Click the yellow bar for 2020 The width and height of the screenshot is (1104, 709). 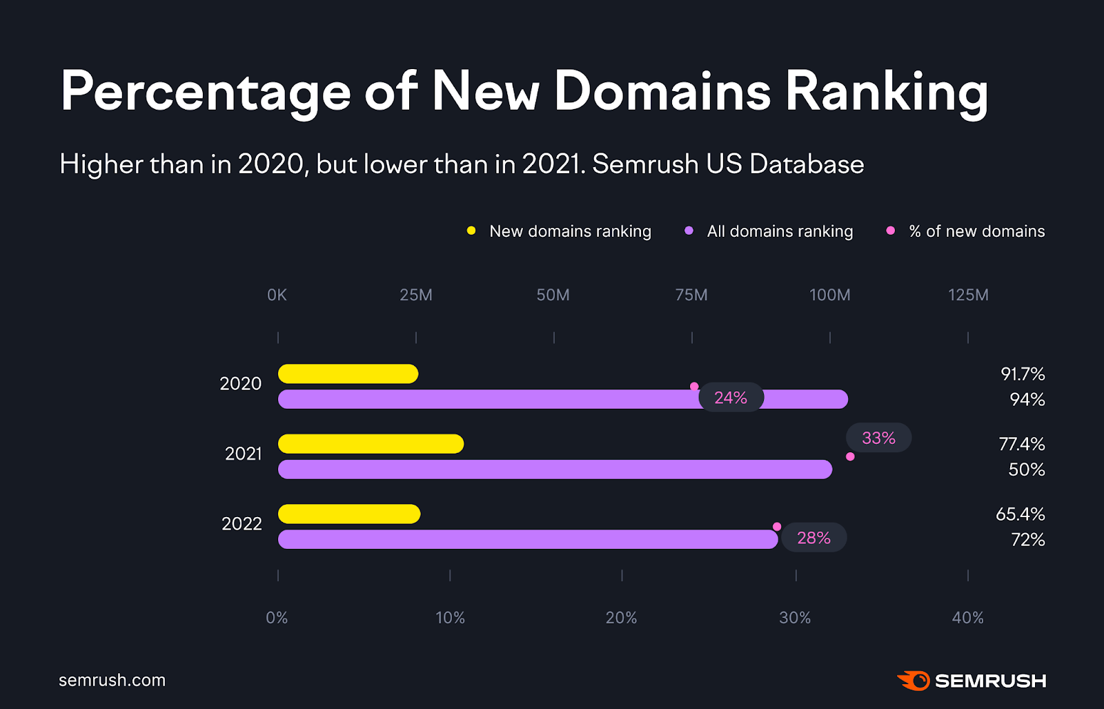tap(348, 373)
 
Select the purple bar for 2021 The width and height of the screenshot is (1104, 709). tap(555, 469)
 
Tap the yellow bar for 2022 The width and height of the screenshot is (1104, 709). tap(349, 514)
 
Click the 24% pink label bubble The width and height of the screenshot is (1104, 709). tap(731, 398)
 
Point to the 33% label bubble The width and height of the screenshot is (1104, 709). tap(878, 438)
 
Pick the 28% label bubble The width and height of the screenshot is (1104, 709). tap(814, 538)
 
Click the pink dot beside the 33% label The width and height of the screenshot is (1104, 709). tap(850, 456)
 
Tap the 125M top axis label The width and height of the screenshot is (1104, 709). tap(968, 295)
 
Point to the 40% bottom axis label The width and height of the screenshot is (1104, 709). tap(967, 618)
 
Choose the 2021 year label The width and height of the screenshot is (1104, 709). tap(243, 454)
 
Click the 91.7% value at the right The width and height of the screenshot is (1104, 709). tap(1023, 374)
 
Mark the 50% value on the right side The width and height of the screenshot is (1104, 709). tap(1026, 470)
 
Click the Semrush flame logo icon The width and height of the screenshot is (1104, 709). tap(914, 681)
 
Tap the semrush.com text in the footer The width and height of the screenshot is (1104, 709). tap(112, 680)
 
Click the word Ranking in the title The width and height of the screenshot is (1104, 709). tap(887, 92)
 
